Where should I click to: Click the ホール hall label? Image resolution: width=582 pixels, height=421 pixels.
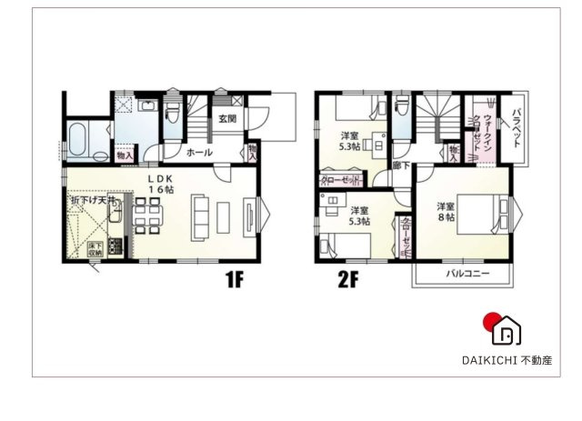199,153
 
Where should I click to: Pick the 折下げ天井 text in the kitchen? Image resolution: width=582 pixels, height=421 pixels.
94,199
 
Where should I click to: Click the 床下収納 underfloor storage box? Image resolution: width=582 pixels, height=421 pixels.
94,246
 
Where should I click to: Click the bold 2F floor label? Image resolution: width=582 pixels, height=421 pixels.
346,280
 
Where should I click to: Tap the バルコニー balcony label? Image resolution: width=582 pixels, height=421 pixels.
467,273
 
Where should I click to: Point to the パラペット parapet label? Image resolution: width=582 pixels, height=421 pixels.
515,129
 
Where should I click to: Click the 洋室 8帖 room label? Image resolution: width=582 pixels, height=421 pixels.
444,212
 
